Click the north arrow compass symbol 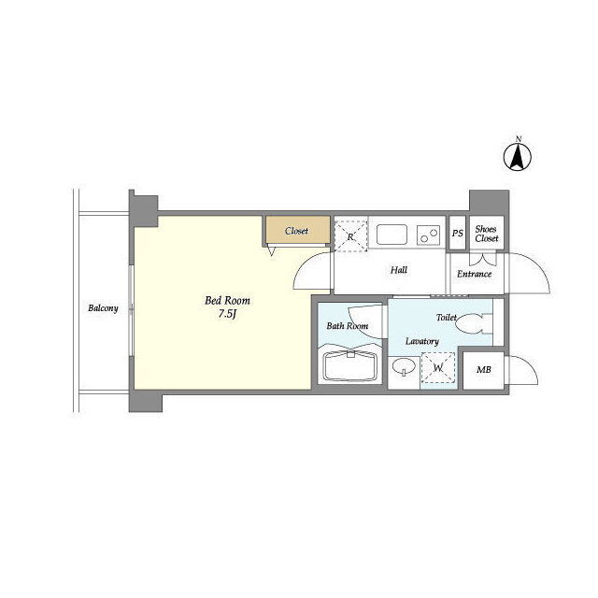[x=518, y=156]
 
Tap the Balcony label [x=103, y=308]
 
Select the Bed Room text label [x=227, y=301]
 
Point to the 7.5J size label [x=228, y=314]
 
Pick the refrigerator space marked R [x=350, y=236]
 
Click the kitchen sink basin [x=392, y=235]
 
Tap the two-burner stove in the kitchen [x=428, y=235]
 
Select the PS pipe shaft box [x=457, y=233]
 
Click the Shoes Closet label [x=487, y=234]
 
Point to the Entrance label [x=474, y=274]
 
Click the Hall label [x=399, y=270]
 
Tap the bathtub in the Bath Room [x=349, y=365]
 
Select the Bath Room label [x=347, y=326]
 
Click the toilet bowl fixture [x=474, y=323]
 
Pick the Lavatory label [x=421, y=341]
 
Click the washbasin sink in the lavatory [x=404, y=367]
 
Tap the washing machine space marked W [x=438, y=367]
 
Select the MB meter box [x=484, y=370]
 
